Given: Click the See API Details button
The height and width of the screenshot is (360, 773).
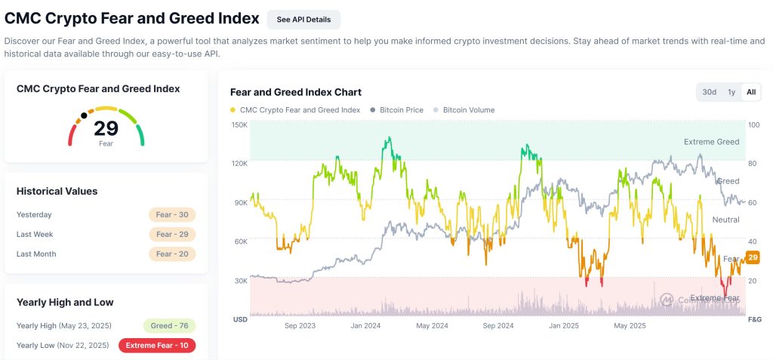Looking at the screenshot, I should (x=303, y=20).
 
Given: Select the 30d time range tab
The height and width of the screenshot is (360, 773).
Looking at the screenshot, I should (x=709, y=92).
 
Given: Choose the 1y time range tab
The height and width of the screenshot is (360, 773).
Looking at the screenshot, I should (x=731, y=92).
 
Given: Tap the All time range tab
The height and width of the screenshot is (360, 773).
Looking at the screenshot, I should (x=751, y=92).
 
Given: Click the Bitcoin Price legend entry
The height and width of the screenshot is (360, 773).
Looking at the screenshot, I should (x=401, y=110).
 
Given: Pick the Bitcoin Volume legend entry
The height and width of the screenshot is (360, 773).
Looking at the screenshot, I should (x=468, y=110).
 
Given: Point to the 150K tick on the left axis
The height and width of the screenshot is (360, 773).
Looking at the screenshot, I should (x=239, y=125).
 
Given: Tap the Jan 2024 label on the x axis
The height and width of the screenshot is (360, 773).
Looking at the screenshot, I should (x=365, y=326).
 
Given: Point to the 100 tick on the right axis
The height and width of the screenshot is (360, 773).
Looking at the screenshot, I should (x=753, y=125).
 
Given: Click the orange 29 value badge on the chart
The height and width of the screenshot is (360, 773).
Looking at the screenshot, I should (x=753, y=258).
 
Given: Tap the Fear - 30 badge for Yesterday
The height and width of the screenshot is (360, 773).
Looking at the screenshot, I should (x=171, y=214).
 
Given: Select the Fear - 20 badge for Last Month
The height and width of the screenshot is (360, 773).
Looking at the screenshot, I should (x=171, y=254).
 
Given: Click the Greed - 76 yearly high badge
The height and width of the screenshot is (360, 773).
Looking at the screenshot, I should (x=168, y=326).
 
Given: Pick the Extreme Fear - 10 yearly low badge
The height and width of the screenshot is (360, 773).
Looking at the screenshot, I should (x=157, y=346).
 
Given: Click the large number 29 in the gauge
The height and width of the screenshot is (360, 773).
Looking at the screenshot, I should (x=106, y=128).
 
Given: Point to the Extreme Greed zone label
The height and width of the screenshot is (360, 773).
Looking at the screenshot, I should (x=711, y=142).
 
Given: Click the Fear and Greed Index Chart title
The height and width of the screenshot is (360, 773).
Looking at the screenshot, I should (x=295, y=92).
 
